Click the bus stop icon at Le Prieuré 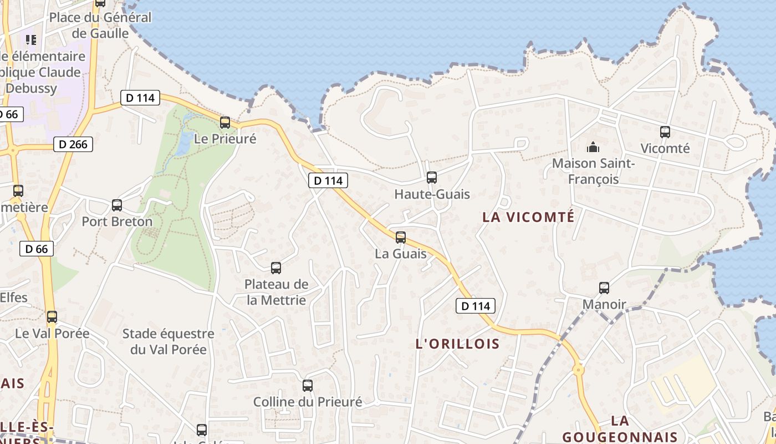(x=225, y=123)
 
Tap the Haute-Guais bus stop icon (x=432, y=178)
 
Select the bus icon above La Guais (x=401, y=238)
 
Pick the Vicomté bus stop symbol (x=665, y=132)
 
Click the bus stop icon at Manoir (x=604, y=288)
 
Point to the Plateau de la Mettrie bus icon (x=276, y=268)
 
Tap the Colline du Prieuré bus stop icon (x=308, y=385)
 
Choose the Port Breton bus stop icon (x=117, y=205)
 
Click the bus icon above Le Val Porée (x=52, y=317)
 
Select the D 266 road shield (x=73, y=145)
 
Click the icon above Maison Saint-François (x=593, y=148)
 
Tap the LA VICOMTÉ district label (x=528, y=217)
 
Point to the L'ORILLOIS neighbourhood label (x=457, y=344)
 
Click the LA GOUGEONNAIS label (x=620, y=429)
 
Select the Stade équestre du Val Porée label (x=168, y=341)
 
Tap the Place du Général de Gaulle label (x=100, y=25)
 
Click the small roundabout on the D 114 (x=578, y=369)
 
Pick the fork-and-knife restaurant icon (x=31, y=39)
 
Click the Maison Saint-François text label (x=593, y=171)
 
